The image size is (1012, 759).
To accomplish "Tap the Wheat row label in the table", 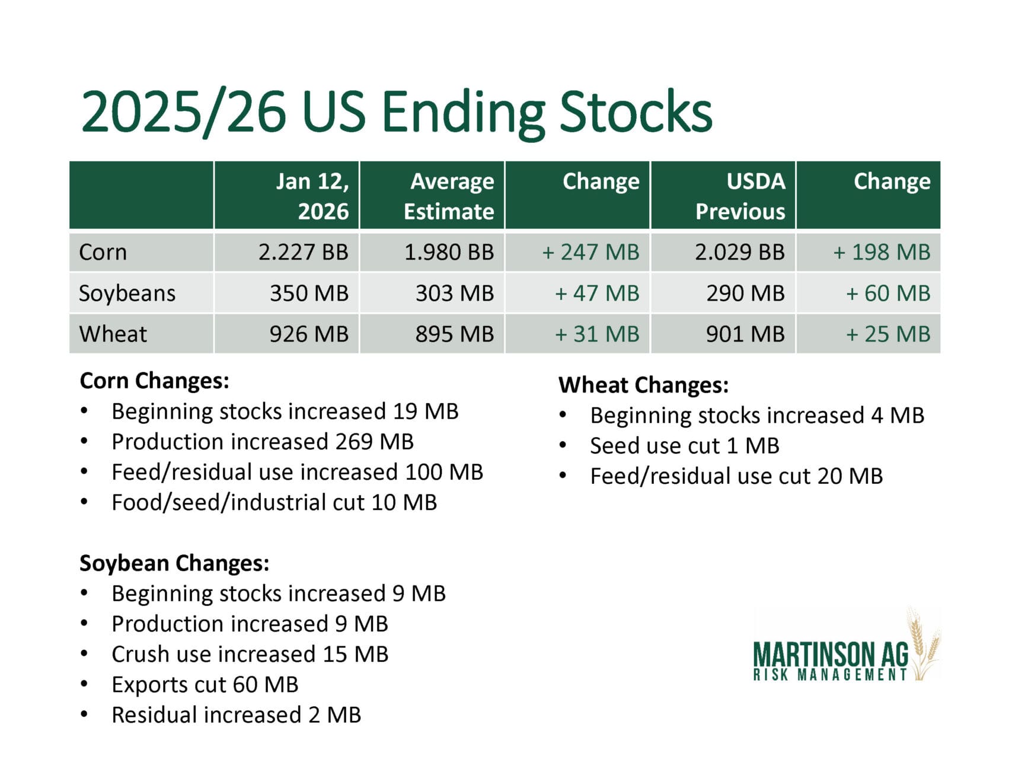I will [x=113, y=334].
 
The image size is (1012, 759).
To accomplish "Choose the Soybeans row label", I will [x=127, y=293].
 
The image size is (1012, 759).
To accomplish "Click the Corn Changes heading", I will [x=154, y=381].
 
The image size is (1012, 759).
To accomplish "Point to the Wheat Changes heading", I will [x=643, y=385].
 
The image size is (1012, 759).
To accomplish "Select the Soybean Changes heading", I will [x=174, y=563].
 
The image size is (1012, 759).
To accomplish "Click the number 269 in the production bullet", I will [x=354, y=442].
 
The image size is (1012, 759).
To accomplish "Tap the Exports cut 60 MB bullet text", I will [x=205, y=684].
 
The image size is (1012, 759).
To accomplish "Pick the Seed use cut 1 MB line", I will [x=684, y=446].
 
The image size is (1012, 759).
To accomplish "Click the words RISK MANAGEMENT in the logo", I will [x=830, y=675].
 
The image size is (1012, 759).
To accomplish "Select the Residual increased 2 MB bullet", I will [x=236, y=715].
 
